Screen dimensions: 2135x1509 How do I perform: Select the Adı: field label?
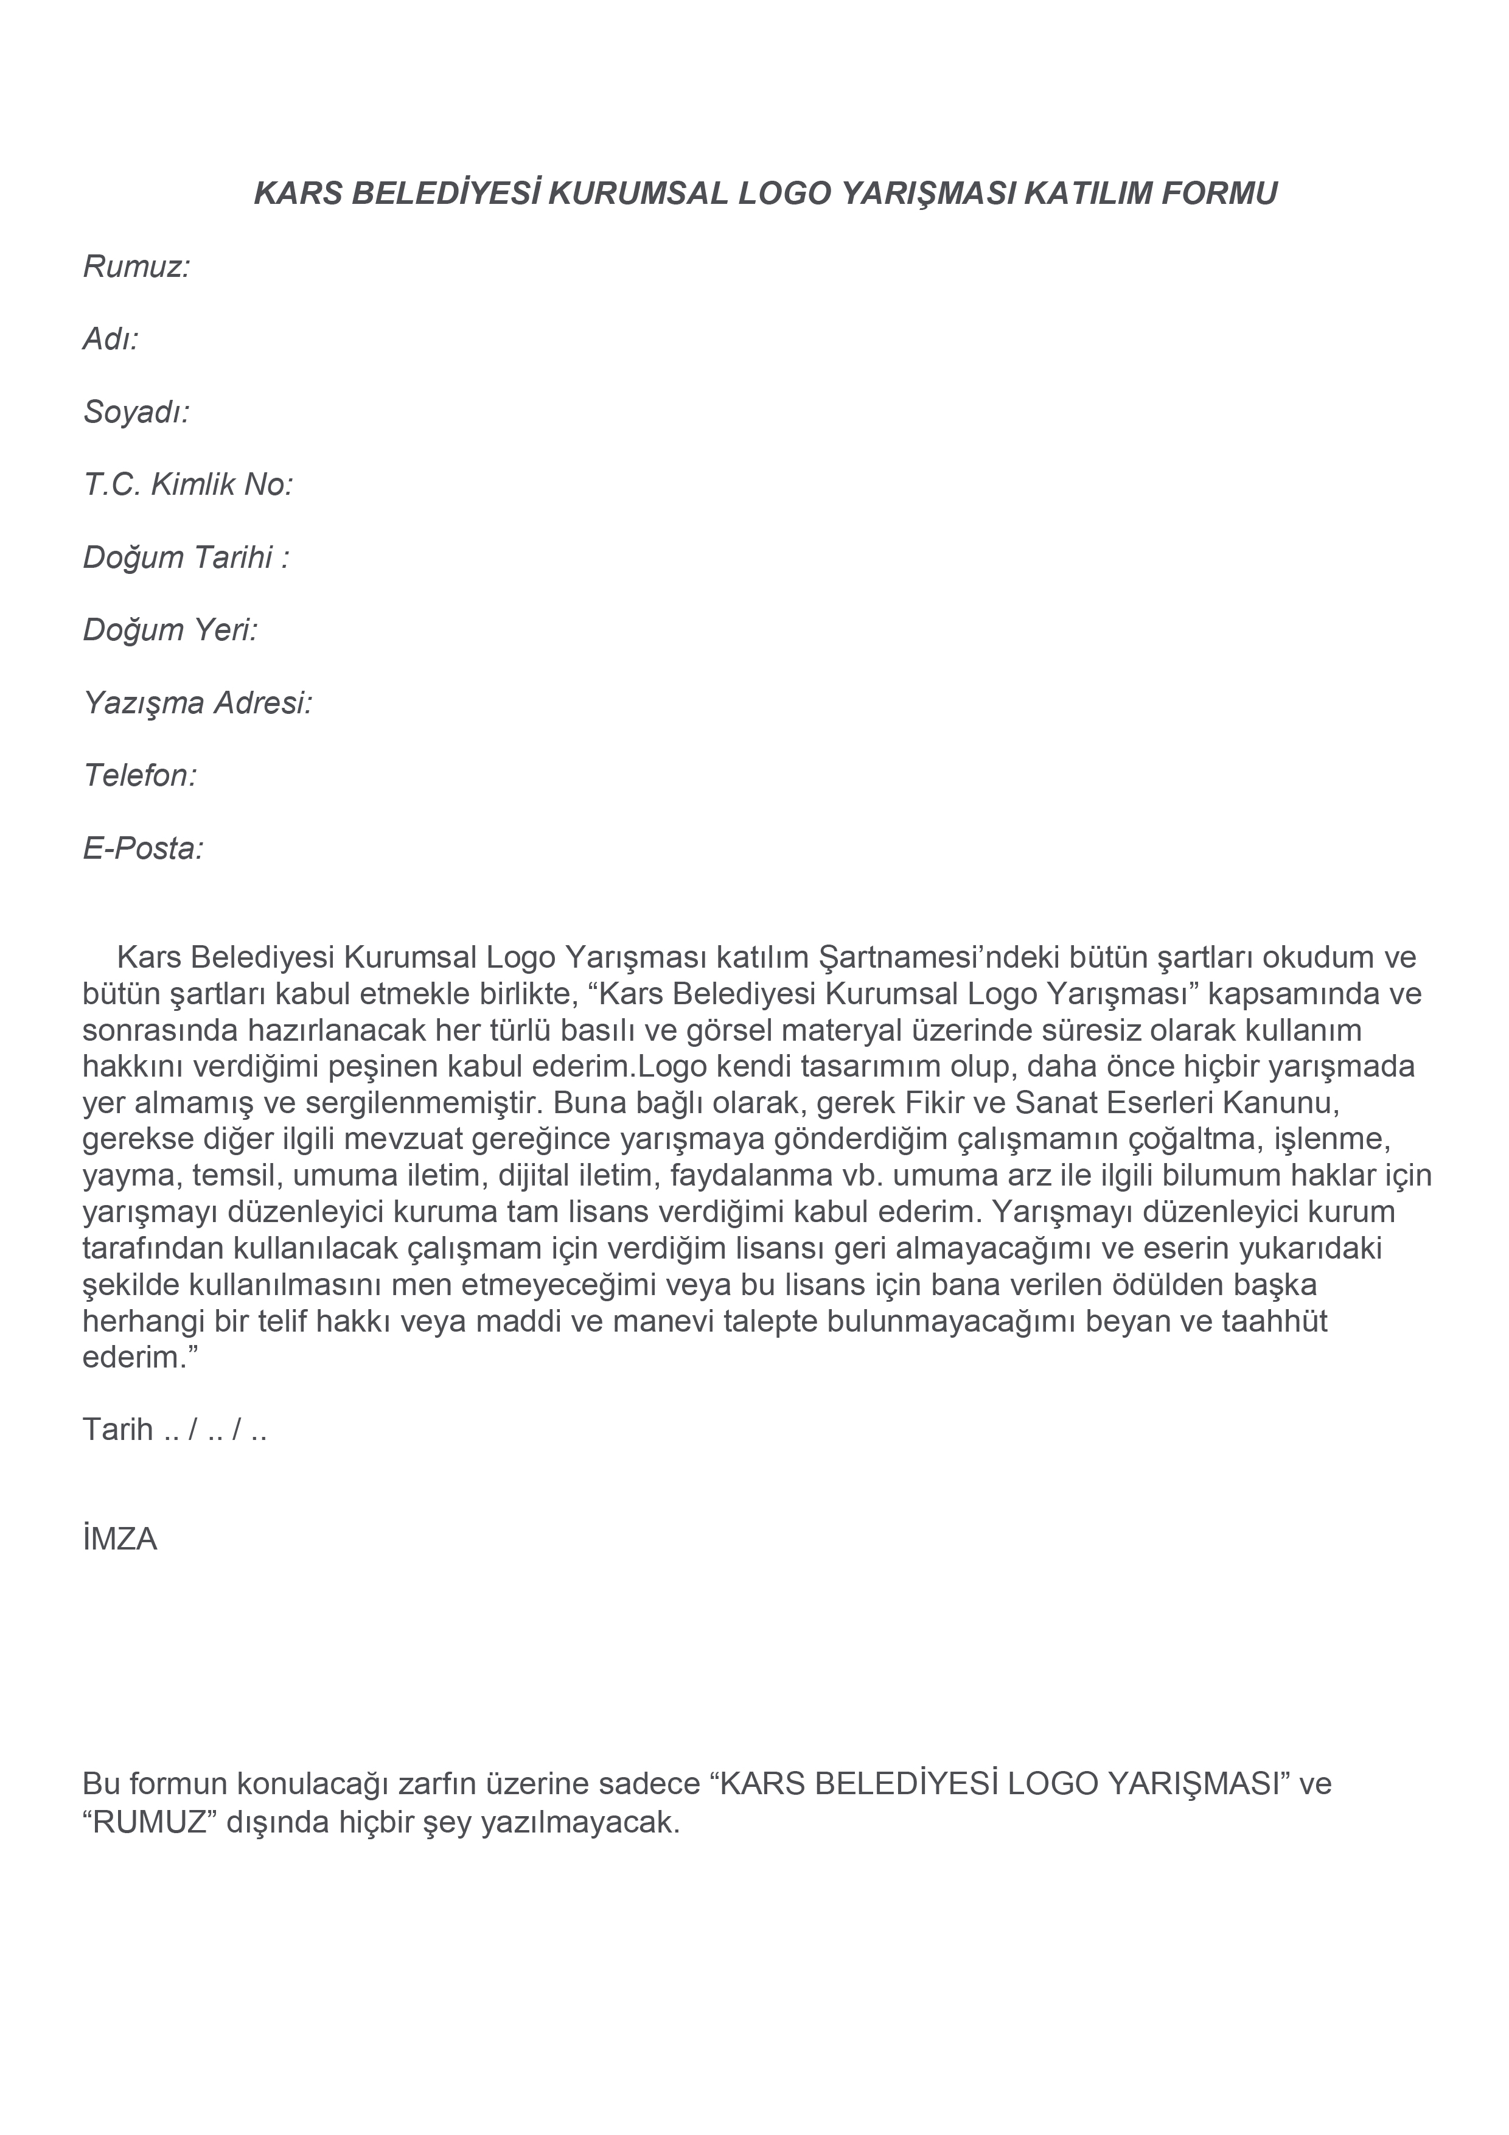[x=111, y=340]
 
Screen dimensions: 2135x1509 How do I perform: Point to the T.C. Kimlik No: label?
[x=189, y=484]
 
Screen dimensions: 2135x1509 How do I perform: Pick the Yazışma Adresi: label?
[x=198, y=703]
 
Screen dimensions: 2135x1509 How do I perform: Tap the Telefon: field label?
[x=141, y=775]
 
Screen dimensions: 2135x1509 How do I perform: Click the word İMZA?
[x=120, y=1539]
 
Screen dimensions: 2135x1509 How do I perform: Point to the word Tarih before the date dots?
[x=118, y=1429]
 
